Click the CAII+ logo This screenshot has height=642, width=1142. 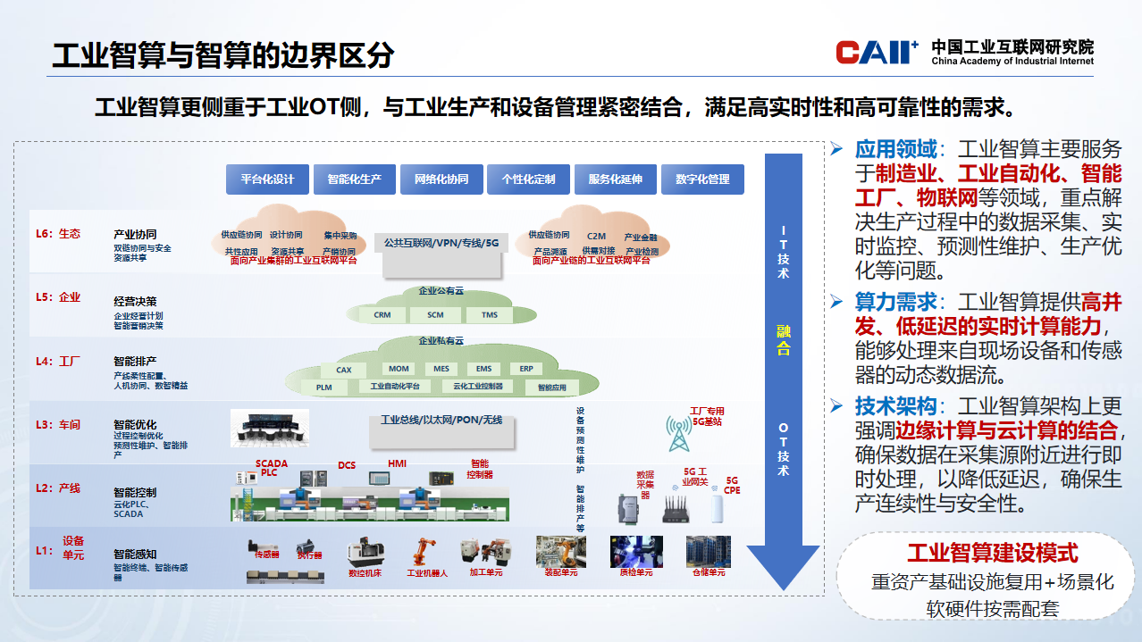pyautogui.click(x=877, y=53)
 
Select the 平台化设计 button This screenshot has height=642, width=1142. pyautogui.click(x=267, y=179)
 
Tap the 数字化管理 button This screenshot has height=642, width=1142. pyautogui.click(x=702, y=179)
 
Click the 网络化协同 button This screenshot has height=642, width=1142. pyautogui.click(x=441, y=179)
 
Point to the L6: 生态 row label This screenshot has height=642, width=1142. pyautogui.click(x=58, y=234)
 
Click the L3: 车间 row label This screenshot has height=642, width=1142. pyautogui.click(x=58, y=425)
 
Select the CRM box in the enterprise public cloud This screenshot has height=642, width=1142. pyautogui.click(x=382, y=315)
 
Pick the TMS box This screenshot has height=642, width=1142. pyautogui.click(x=490, y=315)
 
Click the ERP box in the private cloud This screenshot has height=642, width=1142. pyautogui.click(x=526, y=369)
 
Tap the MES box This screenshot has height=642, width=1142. pyautogui.click(x=441, y=369)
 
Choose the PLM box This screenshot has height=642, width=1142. pyautogui.click(x=323, y=388)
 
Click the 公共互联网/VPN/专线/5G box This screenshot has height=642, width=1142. pyautogui.click(x=441, y=243)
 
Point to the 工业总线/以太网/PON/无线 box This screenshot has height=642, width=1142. pyautogui.click(x=441, y=421)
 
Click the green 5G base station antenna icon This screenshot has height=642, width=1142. pyautogui.click(x=679, y=434)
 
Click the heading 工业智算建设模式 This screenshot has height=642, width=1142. pyautogui.click(x=992, y=554)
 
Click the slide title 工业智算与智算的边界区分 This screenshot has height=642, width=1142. pyautogui.click(x=223, y=55)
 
